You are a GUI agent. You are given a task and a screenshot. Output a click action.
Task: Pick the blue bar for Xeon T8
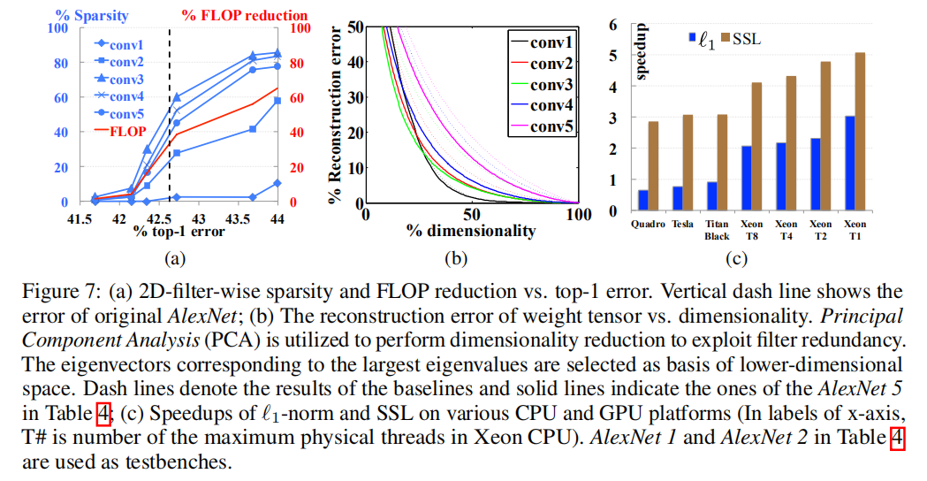747,179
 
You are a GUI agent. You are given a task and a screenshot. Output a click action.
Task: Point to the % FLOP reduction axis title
245,15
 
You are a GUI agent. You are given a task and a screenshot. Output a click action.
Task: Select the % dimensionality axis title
471,232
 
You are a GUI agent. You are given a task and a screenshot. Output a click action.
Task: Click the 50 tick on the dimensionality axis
471,214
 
